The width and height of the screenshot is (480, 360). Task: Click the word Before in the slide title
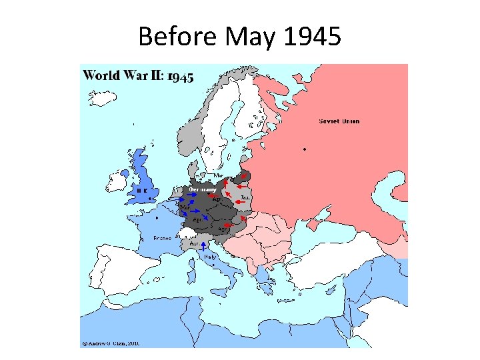coord(177,37)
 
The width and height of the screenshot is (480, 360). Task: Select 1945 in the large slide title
coord(312,37)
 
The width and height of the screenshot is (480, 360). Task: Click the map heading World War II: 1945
coord(138,75)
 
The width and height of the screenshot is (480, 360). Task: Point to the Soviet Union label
coord(339,121)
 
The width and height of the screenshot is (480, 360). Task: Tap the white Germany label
coord(203,189)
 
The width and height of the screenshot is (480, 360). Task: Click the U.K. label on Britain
coord(142,190)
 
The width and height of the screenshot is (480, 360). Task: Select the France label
coord(163,237)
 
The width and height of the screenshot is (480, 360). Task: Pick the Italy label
coord(210,257)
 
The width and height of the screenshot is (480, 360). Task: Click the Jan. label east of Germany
coord(245,197)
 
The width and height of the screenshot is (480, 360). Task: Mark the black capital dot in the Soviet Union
coord(305,149)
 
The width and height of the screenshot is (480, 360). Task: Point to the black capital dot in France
coord(157,217)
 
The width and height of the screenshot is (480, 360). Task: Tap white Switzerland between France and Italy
coord(189,233)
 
